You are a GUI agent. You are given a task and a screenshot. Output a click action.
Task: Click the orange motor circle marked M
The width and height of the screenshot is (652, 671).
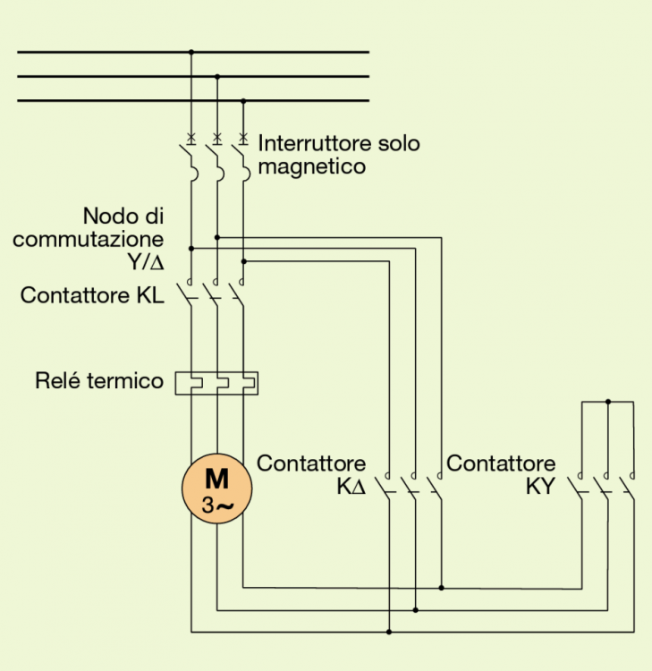(216, 488)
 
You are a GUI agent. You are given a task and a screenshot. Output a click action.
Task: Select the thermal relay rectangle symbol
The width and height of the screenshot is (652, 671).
(217, 383)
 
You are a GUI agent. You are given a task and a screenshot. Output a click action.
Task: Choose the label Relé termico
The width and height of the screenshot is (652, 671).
(99, 381)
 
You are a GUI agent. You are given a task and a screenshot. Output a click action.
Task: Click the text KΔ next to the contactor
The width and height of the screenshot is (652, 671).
(351, 488)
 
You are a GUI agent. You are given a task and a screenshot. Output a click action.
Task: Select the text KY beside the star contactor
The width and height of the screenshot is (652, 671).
(540, 488)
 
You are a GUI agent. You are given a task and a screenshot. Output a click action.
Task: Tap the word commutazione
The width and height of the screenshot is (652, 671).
(89, 239)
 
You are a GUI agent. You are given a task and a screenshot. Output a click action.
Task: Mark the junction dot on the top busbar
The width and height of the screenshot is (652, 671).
(191, 52)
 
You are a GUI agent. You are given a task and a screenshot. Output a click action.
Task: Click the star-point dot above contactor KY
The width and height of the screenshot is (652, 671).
(608, 402)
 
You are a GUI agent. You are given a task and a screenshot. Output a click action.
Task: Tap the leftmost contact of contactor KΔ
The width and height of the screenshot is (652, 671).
(387, 488)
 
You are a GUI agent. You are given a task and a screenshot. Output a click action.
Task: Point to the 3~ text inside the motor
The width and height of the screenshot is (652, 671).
(217, 505)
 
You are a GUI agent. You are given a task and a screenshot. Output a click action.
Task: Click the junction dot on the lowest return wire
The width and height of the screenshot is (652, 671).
(389, 632)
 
